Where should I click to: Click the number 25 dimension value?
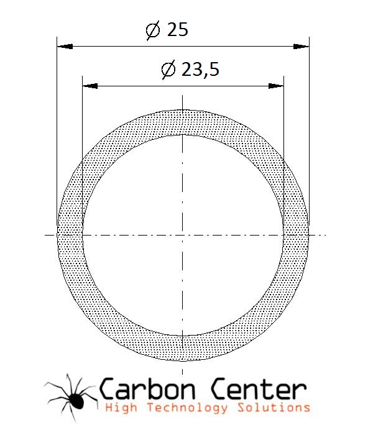[177, 29]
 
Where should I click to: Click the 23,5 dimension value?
[200, 69]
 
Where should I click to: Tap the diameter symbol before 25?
[153, 30]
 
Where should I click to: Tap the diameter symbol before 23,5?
[168, 70]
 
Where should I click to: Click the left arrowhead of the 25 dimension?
[65, 47]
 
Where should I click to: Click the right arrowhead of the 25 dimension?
[301, 47]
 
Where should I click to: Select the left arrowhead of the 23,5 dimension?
[90, 86]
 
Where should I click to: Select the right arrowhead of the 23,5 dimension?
[276, 86]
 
